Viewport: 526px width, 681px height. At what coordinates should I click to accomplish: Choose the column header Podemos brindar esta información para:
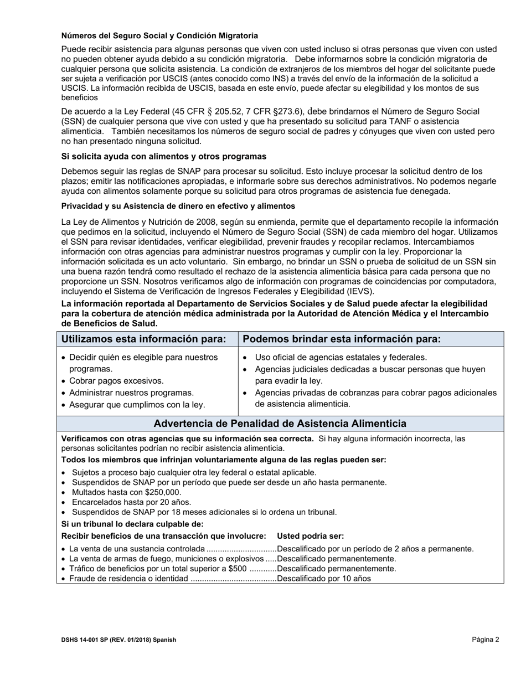(x=342, y=339)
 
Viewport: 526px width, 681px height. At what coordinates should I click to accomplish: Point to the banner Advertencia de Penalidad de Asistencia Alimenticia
(x=280, y=424)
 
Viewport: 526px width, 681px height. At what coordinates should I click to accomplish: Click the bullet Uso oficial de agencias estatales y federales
(x=341, y=357)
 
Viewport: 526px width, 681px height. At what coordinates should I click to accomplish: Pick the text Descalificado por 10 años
(x=324, y=579)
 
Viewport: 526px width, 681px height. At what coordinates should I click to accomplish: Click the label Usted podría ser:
(x=310, y=536)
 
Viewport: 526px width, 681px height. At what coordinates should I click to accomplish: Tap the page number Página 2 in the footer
(x=485, y=639)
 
